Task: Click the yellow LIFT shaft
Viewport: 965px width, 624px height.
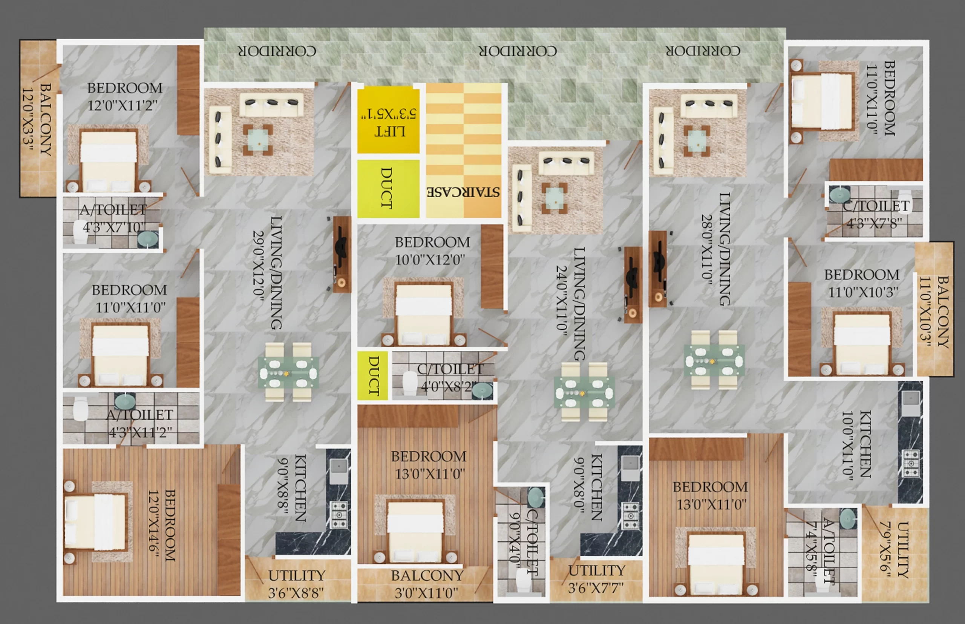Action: pos(388,120)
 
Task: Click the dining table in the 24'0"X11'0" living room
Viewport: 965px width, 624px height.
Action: pos(584,392)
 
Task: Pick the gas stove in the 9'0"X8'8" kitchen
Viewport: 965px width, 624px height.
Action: pos(339,515)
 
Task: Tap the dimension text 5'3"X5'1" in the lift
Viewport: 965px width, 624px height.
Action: pos(389,114)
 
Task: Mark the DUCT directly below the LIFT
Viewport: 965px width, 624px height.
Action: pos(388,188)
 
